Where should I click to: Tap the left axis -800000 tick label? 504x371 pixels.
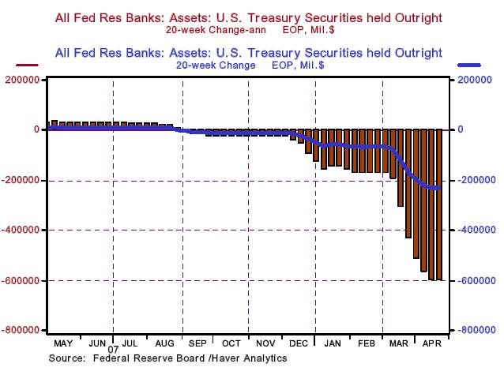[24, 330]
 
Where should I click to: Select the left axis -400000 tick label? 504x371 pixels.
[24, 230]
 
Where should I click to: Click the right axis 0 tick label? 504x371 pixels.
[458, 130]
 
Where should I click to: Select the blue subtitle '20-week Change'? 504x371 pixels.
[210, 66]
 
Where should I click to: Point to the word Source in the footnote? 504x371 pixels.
[67, 358]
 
